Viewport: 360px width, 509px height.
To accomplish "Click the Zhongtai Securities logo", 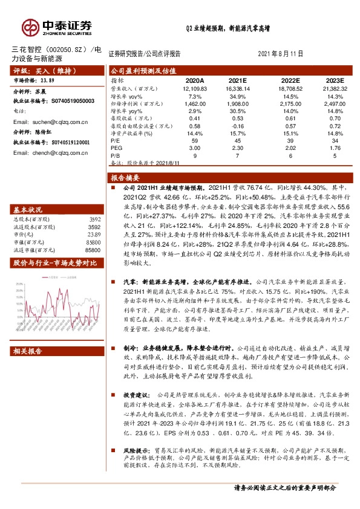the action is (57, 27).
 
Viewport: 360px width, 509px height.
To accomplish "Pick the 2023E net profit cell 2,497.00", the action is (331, 103).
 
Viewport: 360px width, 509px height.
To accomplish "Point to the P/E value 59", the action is (194, 140).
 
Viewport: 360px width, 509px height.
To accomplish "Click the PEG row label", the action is (116, 148).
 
